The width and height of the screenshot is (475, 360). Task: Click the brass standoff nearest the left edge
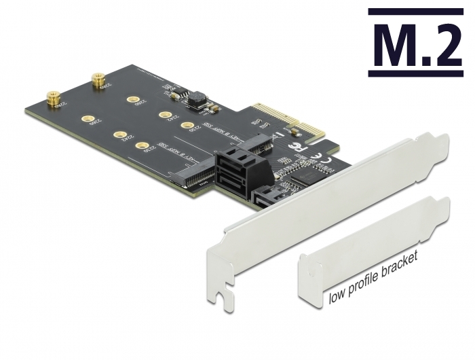click(50, 99)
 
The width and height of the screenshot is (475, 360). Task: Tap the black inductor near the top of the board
click(197, 98)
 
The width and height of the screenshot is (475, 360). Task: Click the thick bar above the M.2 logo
click(415, 12)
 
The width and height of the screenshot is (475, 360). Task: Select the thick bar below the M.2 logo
click(415, 72)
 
